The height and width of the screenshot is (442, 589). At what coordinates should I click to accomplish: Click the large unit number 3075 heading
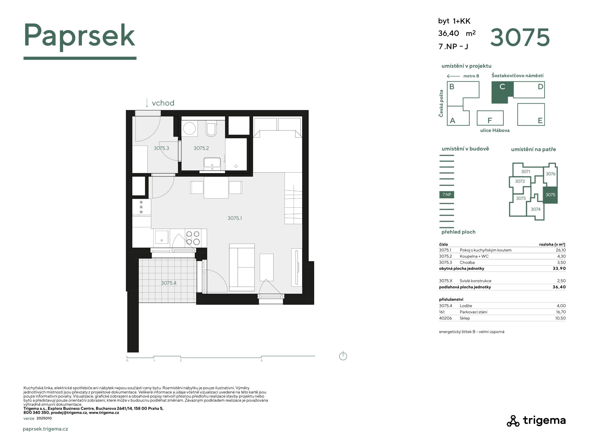[x=520, y=37]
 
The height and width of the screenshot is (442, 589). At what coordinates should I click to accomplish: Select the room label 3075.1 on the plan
[x=235, y=218]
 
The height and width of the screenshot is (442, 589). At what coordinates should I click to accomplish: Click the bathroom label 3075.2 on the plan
[x=201, y=148]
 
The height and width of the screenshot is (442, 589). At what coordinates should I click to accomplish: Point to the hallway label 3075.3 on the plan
[x=161, y=148]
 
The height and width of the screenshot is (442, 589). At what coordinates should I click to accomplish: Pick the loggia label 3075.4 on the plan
[x=169, y=283]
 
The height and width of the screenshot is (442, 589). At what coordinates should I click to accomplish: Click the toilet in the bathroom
[x=211, y=129]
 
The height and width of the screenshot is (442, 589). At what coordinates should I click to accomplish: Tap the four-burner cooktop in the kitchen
[x=193, y=238]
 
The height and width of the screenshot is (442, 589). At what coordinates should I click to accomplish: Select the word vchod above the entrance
[x=163, y=103]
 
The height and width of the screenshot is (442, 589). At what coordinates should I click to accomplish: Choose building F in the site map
[x=490, y=118]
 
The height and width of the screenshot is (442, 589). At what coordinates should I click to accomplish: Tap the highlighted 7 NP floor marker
[x=447, y=195]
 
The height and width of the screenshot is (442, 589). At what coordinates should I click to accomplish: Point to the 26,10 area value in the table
[x=560, y=250]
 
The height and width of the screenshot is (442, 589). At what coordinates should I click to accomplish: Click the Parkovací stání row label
[x=473, y=312]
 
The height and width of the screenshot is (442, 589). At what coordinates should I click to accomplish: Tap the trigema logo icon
[x=513, y=421]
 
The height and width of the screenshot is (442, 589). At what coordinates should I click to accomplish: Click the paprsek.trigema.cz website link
[x=46, y=429]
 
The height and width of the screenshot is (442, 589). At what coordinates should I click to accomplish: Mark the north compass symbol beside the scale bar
[x=343, y=356]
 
